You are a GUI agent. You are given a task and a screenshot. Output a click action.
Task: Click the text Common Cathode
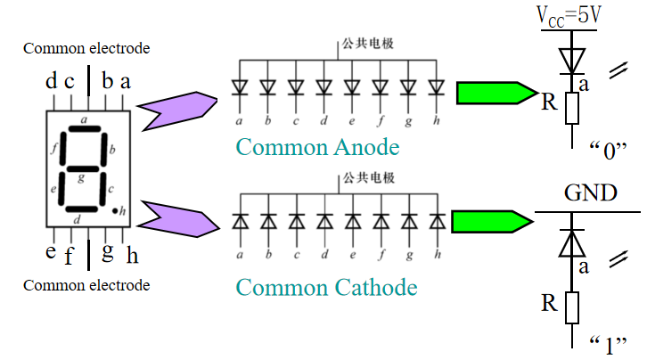click(x=326, y=288)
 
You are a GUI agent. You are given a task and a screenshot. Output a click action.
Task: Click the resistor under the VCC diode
click(x=570, y=109)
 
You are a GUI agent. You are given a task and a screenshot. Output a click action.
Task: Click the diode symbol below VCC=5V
click(x=570, y=60)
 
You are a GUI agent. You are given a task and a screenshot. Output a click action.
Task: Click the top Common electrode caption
click(x=86, y=48)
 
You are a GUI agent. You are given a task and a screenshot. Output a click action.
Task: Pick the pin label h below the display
click(x=132, y=257)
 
